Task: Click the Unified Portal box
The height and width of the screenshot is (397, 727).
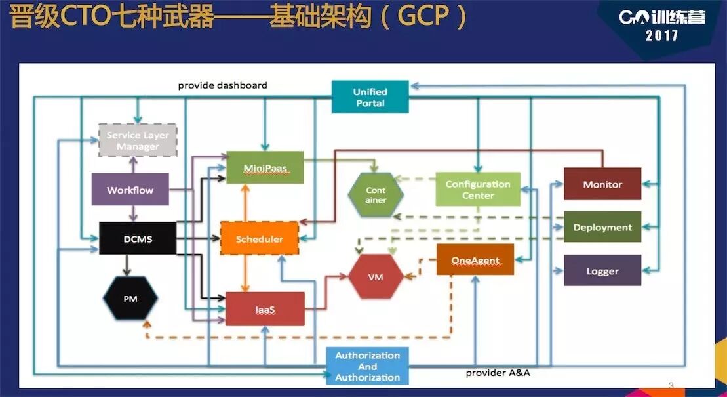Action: (x=370, y=97)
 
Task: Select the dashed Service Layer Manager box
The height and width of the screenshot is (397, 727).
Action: (x=138, y=140)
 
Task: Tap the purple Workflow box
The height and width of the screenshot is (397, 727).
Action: (x=130, y=190)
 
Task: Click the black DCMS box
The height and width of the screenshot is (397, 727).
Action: (x=138, y=239)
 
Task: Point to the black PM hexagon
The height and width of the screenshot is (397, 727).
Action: (x=130, y=299)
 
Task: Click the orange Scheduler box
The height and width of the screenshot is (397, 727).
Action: (x=259, y=239)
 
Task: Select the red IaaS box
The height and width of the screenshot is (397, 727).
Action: (x=265, y=309)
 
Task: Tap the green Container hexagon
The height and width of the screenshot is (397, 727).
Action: (x=376, y=195)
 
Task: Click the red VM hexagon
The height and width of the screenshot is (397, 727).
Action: (x=376, y=277)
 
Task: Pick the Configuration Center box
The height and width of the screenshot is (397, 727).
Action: (x=478, y=190)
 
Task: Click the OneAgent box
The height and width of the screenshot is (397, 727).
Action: (x=475, y=260)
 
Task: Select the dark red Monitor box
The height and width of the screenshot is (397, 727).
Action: (x=602, y=184)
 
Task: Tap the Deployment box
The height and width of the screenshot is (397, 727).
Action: (x=602, y=228)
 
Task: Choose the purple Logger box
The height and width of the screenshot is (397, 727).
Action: (x=602, y=270)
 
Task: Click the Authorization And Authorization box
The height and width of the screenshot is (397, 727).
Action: (x=367, y=366)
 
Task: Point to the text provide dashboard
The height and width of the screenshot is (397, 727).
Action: (x=223, y=85)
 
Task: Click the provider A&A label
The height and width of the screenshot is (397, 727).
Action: (x=498, y=373)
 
